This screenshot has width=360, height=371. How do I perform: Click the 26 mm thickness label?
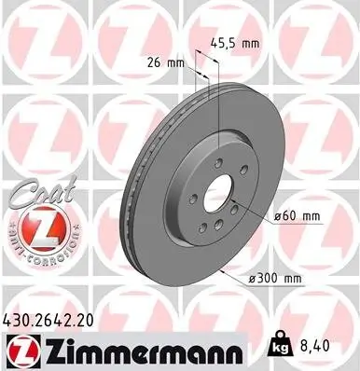(x=166, y=63)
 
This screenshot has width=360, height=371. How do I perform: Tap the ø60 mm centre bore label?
(x=297, y=215)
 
